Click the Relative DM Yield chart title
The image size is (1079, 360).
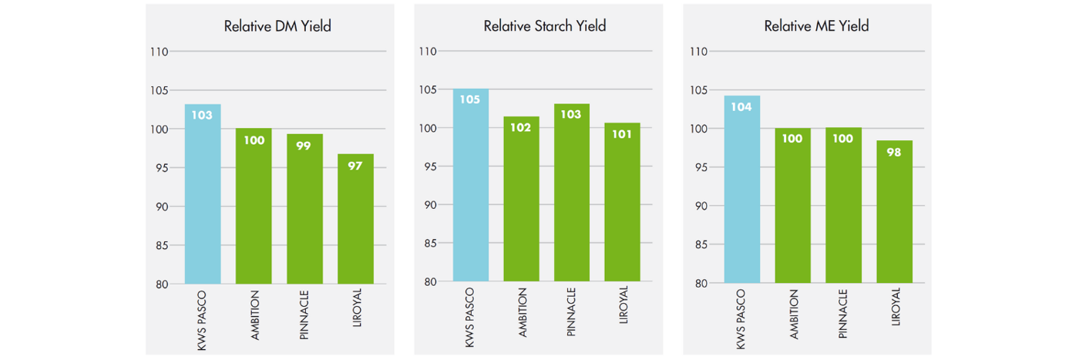[x=277, y=26]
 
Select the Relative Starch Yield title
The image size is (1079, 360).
[x=545, y=26]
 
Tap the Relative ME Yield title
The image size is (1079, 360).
[x=816, y=26]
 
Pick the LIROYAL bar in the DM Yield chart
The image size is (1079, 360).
[x=355, y=220]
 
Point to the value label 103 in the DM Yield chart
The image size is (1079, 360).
[x=203, y=116]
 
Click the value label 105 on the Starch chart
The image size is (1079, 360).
[x=470, y=99]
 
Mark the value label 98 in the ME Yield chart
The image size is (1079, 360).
[x=894, y=152]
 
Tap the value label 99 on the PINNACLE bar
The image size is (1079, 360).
[x=304, y=145]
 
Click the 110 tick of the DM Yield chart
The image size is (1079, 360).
[x=159, y=52]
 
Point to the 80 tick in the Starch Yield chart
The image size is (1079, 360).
[x=429, y=281]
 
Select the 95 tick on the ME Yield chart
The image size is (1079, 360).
[x=698, y=167]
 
